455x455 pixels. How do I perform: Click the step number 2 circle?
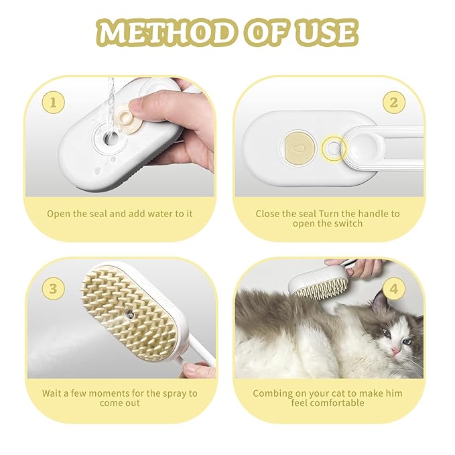pyautogui.click(x=393, y=103)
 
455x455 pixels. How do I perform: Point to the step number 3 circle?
pyautogui.click(x=52, y=289)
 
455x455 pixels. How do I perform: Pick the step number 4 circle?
pyautogui.click(x=393, y=289)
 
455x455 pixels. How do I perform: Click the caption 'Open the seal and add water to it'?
pyautogui.click(x=120, y=214)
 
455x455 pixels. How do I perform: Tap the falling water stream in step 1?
pyautogui.click(x=111, y=94)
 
